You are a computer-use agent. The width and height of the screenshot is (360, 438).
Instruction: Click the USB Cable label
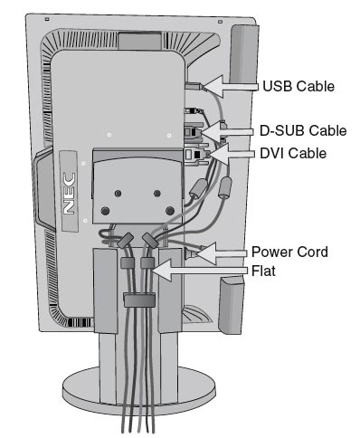[298, 86]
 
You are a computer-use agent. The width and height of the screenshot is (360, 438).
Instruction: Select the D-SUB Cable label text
[303, 131]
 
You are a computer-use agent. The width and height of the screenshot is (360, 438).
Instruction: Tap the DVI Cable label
[293, 153]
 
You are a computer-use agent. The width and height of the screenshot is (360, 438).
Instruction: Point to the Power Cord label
[289, 252]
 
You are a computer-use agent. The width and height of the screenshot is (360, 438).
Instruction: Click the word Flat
[263, 271]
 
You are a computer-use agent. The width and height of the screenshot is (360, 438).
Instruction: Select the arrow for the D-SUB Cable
[227, 131]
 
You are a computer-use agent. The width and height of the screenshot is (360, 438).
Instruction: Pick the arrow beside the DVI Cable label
[232, 154]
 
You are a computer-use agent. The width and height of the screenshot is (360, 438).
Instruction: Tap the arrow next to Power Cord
[222, 253]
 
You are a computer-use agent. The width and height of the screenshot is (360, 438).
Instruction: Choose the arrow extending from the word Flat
[200, 271]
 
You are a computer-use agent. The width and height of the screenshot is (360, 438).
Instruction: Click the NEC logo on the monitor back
[69, 194]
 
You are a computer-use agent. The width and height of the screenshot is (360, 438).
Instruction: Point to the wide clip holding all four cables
[139, 300]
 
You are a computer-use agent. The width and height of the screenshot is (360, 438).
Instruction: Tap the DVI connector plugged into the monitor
[196, 155]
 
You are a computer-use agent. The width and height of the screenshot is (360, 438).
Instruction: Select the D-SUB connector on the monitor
[194, 132]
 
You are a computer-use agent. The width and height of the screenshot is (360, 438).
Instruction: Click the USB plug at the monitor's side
[195, 87]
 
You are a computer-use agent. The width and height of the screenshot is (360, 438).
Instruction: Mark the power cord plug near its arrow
[193, 253]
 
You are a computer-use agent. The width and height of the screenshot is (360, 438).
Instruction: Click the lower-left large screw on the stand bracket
[105, 211]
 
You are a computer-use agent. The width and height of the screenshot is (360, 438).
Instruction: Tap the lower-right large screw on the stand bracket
[170, 210]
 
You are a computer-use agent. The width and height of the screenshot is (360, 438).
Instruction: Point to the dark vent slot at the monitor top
[139, 41]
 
